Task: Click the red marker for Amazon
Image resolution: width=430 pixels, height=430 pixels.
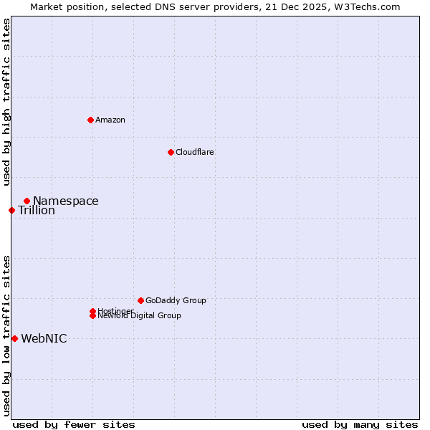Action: (x=90, y=120)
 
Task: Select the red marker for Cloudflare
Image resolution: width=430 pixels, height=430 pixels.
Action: (x=171, y=152)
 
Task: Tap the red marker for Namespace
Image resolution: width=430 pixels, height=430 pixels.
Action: (x=27, y=201)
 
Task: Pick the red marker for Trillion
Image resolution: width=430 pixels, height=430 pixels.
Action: (x=11, y=210)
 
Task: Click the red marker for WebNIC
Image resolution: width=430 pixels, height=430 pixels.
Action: (x=14, y=338)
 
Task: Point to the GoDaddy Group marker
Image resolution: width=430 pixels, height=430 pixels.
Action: (x=140, y=300)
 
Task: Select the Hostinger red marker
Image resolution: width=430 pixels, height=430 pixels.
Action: (x=92, y=311)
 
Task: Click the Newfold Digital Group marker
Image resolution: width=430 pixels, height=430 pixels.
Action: (x=92, y=316)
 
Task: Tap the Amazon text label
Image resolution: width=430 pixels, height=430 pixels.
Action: (x=110, y=120)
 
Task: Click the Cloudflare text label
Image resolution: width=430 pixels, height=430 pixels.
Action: (x=194, y=152)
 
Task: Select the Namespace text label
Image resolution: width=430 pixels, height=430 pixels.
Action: (x=65, y=201)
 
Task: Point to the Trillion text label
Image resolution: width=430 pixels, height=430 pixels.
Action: (x=37, y=211)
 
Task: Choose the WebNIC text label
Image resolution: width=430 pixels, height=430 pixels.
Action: (x=44, y=339)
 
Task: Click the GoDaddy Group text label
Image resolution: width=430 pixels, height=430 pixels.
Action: (x=176, y=300)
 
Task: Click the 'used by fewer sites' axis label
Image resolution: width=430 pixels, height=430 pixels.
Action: (x=74, y=424)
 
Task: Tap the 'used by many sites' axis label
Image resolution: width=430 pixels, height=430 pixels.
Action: (x=360, y=424)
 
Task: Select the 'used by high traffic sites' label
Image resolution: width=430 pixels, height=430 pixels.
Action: (x=6, y=102)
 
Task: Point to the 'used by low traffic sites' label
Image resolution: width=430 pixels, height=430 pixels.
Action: (x=6, y=335)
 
